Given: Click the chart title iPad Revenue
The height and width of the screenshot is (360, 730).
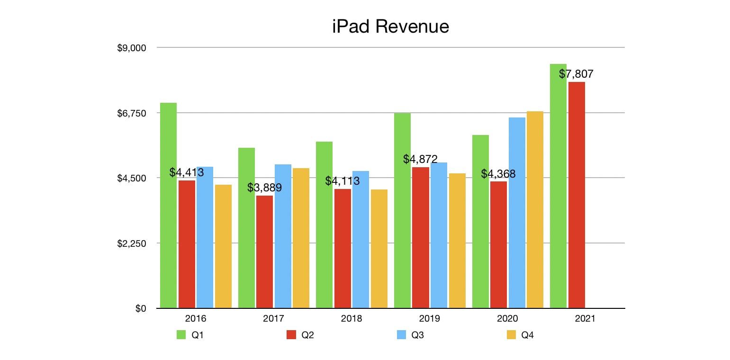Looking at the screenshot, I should pos(390,27).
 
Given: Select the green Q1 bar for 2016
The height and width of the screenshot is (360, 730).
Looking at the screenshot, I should pos(169,206).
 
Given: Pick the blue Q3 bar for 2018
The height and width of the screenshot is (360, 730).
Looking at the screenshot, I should pos(360,240).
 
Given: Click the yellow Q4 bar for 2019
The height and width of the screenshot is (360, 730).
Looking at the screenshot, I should pos(457,241).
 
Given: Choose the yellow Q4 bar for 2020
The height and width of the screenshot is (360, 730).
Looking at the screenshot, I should pos(535,210).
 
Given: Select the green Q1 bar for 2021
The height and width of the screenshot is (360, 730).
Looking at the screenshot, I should pos(558,186).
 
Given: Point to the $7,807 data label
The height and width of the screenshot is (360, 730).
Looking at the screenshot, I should pos(576,74).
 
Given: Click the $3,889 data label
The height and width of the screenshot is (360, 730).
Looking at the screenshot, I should pos(264,188).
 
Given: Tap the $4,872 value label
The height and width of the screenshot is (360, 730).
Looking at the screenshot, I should pos(420,159).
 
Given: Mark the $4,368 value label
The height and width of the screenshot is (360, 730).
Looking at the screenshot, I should pos(498,174).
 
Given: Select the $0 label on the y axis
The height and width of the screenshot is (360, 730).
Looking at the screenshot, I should pos(141,308).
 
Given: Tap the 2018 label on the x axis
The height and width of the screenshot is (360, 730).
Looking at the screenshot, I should pos(351,319).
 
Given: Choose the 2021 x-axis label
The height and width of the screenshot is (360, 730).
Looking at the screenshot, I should pos(585,319).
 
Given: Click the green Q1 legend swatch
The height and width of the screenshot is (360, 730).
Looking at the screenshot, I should pos(181,335).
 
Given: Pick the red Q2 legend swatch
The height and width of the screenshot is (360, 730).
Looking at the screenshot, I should pos(291,335).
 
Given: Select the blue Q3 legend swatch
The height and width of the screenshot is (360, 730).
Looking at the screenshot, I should pos(401,335).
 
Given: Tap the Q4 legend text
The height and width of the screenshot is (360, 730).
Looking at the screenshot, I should pos(528,335).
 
